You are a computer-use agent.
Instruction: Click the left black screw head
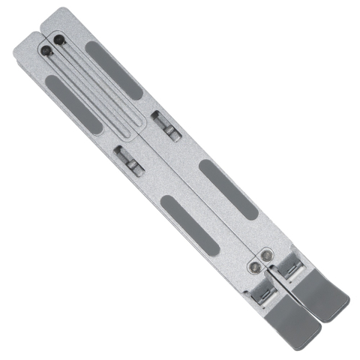[47, 52]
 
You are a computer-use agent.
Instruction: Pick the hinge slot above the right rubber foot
[288, 263]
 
